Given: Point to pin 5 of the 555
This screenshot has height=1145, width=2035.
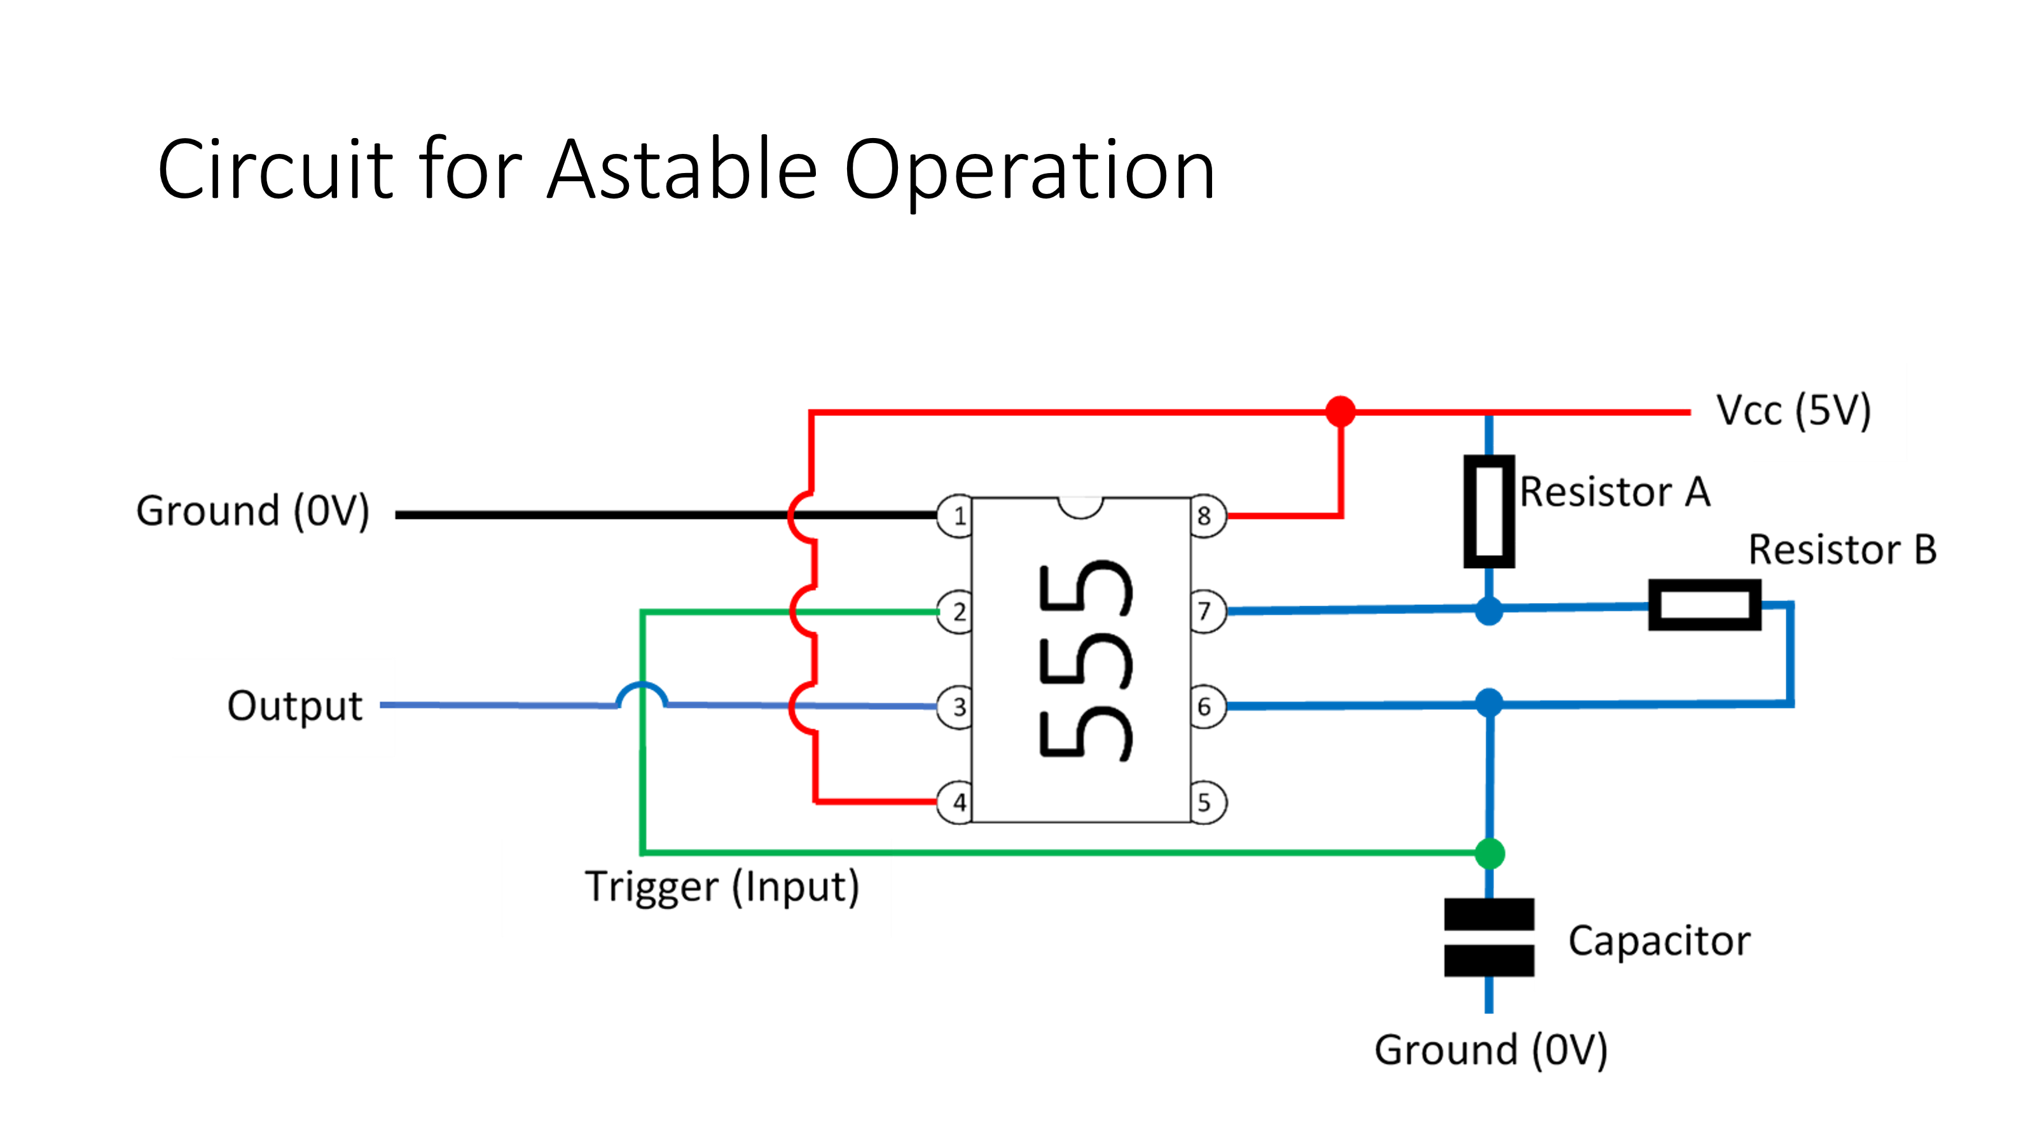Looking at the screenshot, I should (x=1206, y=802).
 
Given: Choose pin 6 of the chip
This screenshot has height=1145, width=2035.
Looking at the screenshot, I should (x=1206, y=707).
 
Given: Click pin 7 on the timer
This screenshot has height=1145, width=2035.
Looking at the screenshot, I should (x=1206, y=611).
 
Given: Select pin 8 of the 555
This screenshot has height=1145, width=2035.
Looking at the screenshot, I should (x=1206, y=516).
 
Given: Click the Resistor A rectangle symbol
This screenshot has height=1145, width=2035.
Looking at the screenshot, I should (x=1488, y=511).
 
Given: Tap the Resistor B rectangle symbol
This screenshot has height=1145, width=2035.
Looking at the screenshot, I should (x=1704, y=606).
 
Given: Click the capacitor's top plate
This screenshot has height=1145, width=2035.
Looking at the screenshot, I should (x=1488, y=913).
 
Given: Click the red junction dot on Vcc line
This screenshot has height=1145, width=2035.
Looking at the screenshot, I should (x=1340, y=411).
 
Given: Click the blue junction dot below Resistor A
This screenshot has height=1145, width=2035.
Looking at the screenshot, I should (x=1488, y=611).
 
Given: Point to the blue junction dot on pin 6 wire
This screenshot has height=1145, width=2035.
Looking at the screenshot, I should (x=1488, y=702).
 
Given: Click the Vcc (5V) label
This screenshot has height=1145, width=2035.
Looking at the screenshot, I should (x=1793, y=411).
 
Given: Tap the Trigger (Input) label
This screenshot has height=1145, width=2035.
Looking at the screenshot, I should (x=721, y=887).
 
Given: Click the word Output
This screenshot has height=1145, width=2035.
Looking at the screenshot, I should (x=294, y=705).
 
